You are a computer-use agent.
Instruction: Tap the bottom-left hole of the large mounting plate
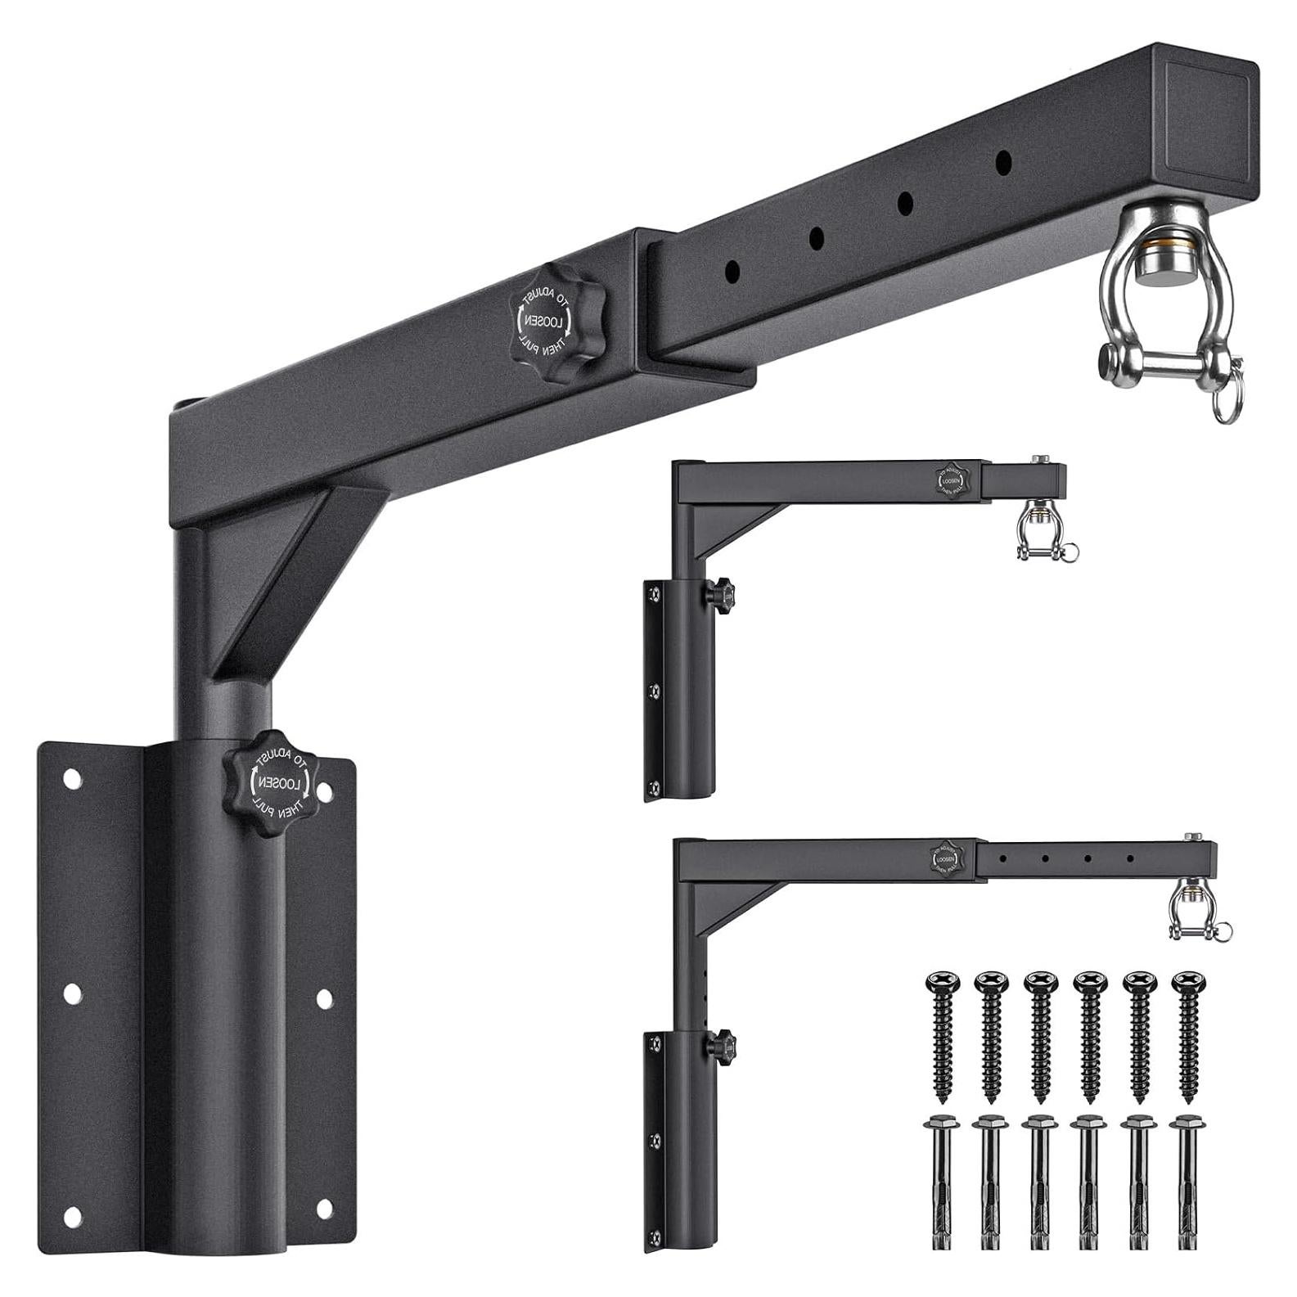[73, 1218]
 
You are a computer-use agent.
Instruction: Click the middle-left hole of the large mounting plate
[72, 994]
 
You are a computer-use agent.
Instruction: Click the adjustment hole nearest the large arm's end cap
[1002, 161]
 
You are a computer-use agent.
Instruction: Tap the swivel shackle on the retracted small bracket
[1033, 531]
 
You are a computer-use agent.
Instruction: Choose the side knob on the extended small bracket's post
[723, 1043]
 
